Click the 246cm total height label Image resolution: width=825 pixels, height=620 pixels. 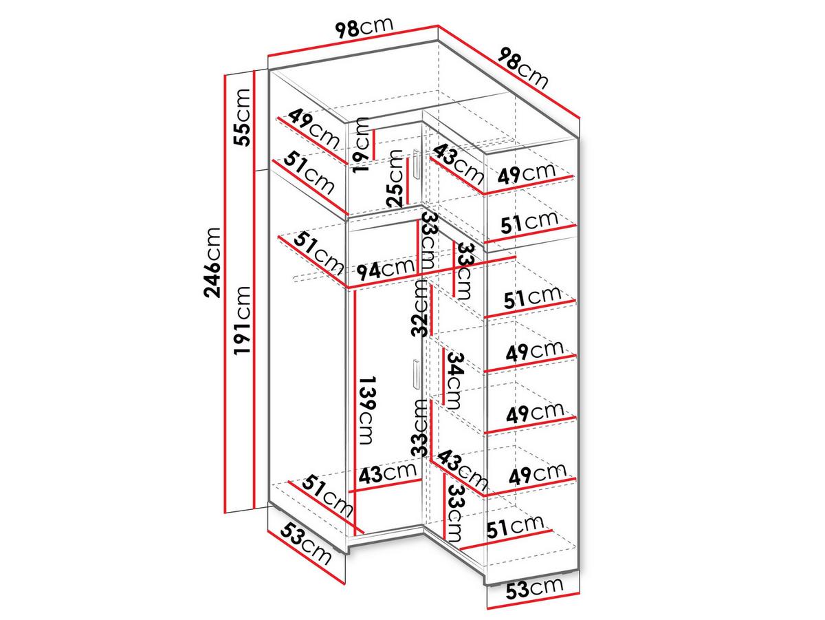(x=212, y=263)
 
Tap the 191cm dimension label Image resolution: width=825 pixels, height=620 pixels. (x=242, y=320)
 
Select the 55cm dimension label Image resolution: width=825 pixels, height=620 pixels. (x=242, y=118)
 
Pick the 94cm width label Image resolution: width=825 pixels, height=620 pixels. (x=386, y=268)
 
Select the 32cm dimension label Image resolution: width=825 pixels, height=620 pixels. (x=419, y=308)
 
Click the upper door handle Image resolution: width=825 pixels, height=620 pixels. (x=416, y=164)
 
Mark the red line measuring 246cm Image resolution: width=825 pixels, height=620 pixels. (x=225, y=294)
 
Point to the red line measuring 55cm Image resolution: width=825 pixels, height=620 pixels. (x=255, y=120)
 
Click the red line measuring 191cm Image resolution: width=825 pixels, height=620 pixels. (x=255, y=339)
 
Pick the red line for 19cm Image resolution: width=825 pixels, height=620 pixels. (x=375, y=145)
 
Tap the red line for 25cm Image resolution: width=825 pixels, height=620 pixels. (x=408, y=181)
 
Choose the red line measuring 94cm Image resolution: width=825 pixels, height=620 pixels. (x=432, y=272)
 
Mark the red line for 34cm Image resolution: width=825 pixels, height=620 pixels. (x=444, y=376)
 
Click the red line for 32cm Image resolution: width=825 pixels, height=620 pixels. (x=432, y=310)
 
